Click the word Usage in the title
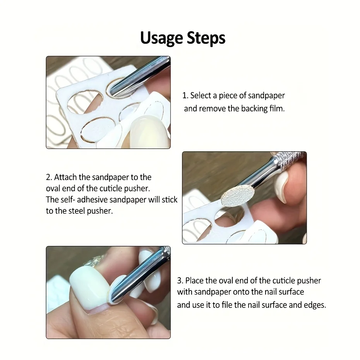click(161, 38)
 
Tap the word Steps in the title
click(206, 38)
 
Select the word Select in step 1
click(201, 96)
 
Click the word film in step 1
click(276, 108)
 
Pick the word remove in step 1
click(212, 108)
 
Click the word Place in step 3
click(194, 280)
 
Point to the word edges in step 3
click(314, 305)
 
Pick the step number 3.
click(180, 280)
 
